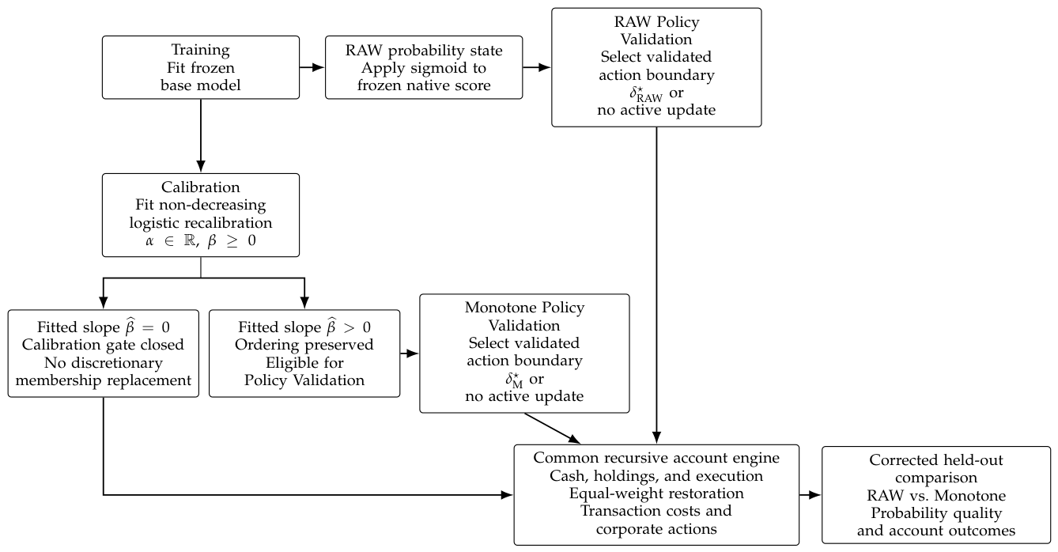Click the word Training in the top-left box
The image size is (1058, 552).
pos(200,50)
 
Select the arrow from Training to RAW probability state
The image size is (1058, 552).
pos(312,67)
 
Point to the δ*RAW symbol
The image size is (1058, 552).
pos(646,94)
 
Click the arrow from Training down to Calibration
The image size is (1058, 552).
pos(201,135)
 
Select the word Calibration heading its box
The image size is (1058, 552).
pos(201,187)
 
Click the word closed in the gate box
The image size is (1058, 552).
pos(160,345)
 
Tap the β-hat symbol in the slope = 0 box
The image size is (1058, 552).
pos(130,327)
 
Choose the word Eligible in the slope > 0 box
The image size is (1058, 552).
pos(285,363)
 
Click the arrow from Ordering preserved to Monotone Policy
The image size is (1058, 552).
pos(410,354)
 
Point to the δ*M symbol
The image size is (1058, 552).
pos(514,380)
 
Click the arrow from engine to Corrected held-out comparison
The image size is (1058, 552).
pos(811,495)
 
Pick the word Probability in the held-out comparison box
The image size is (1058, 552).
pos(908,513)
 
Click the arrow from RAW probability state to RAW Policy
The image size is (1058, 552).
pos(537,67)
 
